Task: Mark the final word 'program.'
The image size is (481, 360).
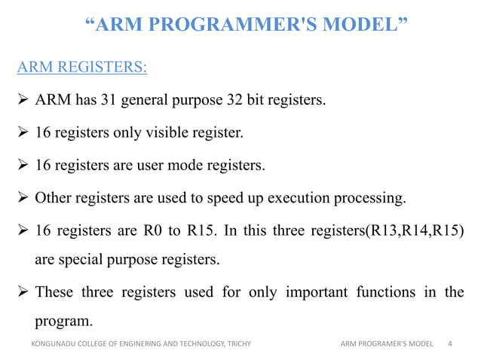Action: tap(64, 321)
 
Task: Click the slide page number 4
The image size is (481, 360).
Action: tap(450, 344)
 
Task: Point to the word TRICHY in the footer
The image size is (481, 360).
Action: tap(238, 344)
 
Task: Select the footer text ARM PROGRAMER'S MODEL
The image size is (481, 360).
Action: tap(387, 344)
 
